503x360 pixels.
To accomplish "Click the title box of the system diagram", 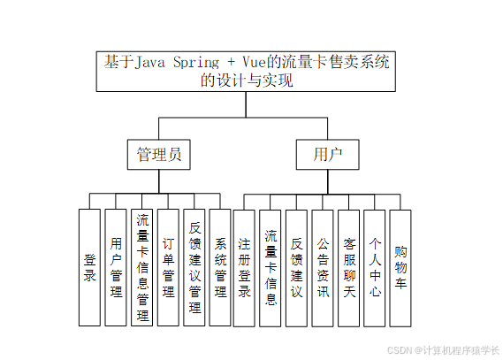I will coord(247,72).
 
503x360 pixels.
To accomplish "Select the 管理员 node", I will coord(159,155).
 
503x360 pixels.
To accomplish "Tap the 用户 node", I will coord(327,155).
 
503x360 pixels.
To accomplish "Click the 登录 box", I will coord(89,267).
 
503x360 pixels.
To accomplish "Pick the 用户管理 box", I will coord(116,267).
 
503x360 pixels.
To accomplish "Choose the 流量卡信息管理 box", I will coord(141,267).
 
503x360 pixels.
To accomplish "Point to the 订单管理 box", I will coord(168,267).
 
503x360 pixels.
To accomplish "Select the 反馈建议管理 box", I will coord(194,267).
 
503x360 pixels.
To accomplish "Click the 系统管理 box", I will coord(220,267).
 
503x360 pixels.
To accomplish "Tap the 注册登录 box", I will coord(245,267).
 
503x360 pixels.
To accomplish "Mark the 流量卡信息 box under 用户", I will coord(271,267).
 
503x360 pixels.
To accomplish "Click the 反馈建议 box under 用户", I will coord(297,267).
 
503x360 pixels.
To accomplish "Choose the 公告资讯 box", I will coord(323,267).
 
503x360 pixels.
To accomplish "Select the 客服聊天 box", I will coord(349,267).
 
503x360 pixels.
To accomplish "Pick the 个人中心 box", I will coord(375,267).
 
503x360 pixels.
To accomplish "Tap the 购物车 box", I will coord(400,267).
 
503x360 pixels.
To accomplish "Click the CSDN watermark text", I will coord(443,350).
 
